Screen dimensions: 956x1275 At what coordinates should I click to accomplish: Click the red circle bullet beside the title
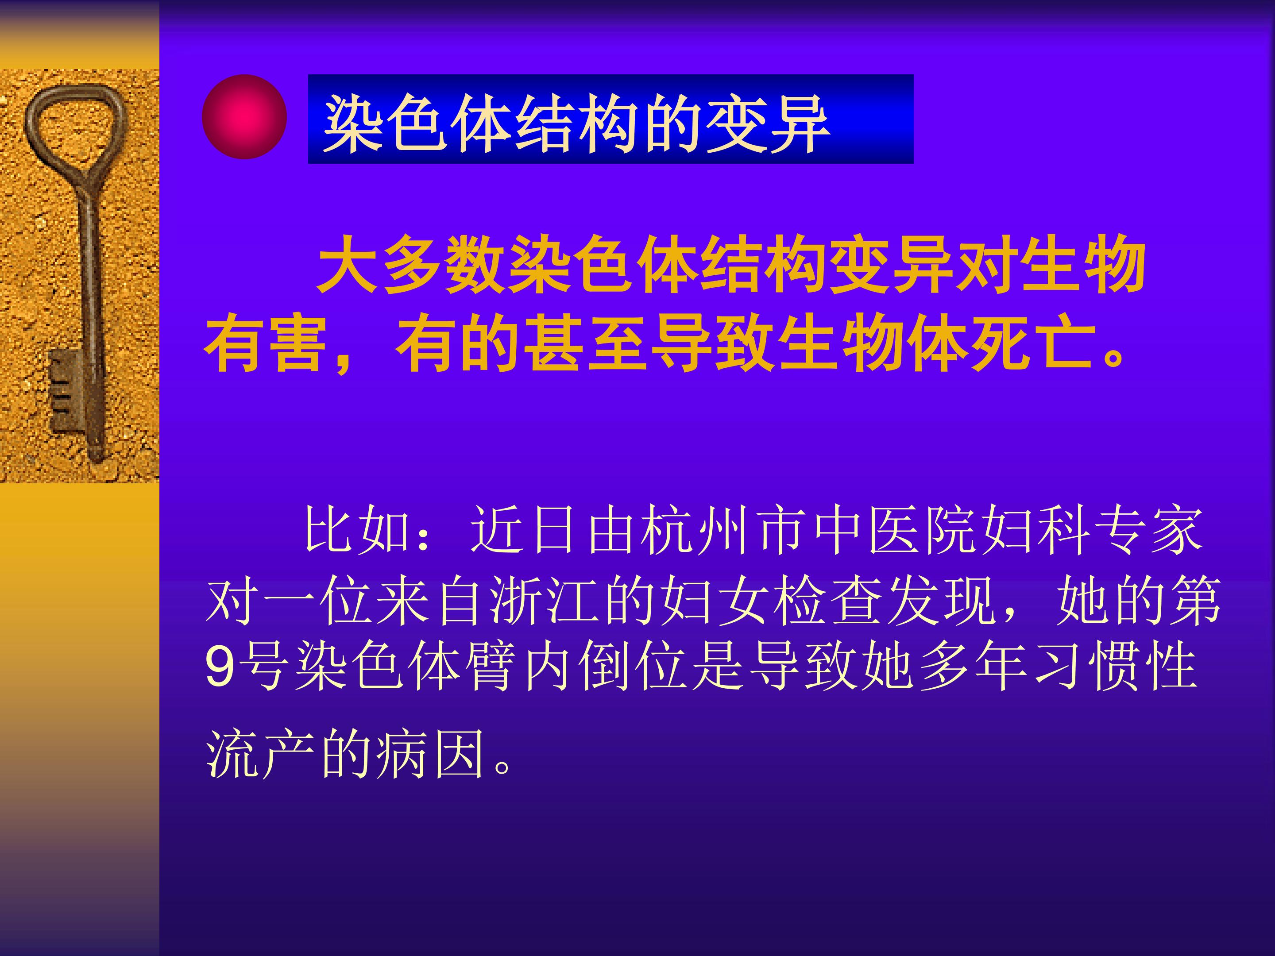tap(244, 117)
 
